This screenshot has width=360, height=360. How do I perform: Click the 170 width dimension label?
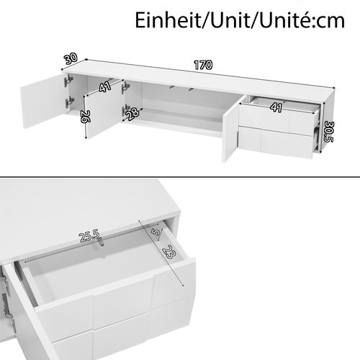click(x=203, y=65)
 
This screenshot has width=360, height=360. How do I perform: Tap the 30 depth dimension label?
click(x=71, y=58)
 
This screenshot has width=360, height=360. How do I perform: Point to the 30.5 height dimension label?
click(x=328, y=131)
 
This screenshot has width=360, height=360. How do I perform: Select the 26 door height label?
click(x=85, y=117)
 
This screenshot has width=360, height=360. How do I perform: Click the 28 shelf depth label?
click(x=133, y=113)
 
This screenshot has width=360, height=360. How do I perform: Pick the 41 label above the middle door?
click(x=105, y=87)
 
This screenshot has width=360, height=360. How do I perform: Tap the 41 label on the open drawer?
click(x=276, y=107)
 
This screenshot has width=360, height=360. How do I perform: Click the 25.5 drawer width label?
click(x=89, y=235)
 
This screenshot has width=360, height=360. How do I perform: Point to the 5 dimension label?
click(x=156, y=232)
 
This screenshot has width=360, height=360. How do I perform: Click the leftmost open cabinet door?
click(x=42, y=101)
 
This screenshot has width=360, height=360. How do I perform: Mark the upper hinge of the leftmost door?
click(x=68, y=80)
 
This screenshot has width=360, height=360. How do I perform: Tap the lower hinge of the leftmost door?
click(x=70, y=102)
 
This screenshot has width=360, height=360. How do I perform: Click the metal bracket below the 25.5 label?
click(x=102, y=242)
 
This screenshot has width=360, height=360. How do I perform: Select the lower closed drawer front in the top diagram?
click(x=276, y=143)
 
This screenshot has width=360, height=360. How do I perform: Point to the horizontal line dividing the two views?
click(x=180, y=177)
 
